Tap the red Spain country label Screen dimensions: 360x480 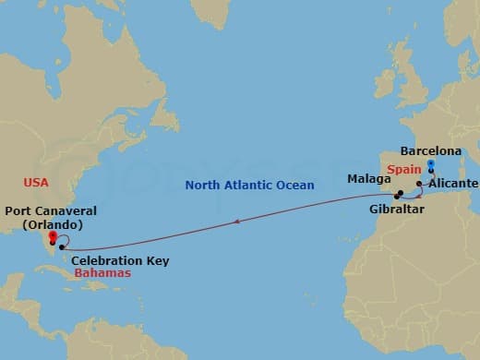tap(404, 170)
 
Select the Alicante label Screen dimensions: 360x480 tap(454, 184)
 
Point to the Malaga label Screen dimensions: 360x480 tap(369, 177)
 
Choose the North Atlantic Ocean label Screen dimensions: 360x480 tap(249, 185)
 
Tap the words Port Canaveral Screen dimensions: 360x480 tap(50, 211)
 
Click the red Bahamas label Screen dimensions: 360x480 tap(102, 274)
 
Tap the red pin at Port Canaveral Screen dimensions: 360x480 tap(53, 237)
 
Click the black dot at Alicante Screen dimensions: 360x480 tap(419, 185)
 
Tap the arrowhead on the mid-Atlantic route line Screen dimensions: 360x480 tap(238, 222)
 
